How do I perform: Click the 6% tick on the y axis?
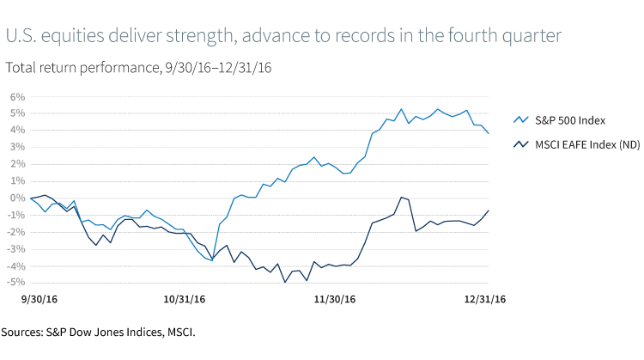15,96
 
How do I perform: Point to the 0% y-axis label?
15,198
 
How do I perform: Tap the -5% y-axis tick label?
14,282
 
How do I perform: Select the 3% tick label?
15,147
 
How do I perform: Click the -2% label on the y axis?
14,231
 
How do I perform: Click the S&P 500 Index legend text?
570,120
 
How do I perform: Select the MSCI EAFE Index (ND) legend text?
586,146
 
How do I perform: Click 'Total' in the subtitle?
21,66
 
